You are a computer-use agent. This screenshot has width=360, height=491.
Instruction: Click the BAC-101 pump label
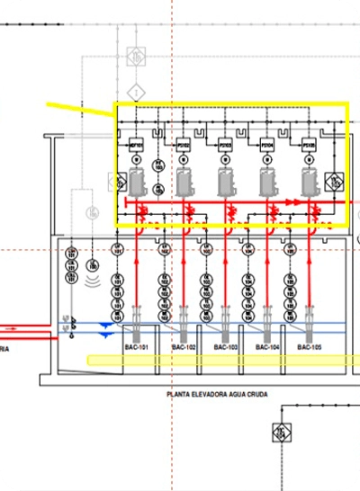138,346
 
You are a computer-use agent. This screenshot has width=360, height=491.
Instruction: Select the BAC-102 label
184,346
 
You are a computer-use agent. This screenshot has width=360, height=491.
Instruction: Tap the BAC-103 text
226,346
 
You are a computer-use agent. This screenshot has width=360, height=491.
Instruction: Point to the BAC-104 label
268,346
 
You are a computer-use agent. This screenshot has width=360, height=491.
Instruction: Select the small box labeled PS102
184,143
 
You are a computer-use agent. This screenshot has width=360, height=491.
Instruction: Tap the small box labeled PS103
226,143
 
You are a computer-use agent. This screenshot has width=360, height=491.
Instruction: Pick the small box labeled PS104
267,143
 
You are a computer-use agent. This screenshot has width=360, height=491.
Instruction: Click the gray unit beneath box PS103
225,183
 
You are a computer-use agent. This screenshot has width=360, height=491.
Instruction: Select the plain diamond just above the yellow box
136,91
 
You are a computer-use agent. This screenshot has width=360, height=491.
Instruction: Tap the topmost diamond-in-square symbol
136,56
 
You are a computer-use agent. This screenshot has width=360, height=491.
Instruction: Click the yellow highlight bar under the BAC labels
216,360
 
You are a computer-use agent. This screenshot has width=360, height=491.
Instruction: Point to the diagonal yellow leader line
81,110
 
